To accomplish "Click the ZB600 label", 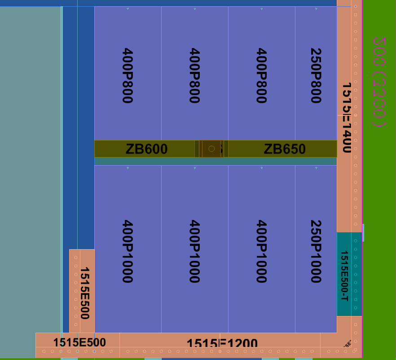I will tap(146, 149).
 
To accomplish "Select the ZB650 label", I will tap(285, 149).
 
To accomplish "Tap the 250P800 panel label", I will tap(316, 75).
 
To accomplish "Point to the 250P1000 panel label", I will tap(316, 251).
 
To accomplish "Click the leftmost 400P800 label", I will tap(128, 75).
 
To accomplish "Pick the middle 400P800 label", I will tap(194, 75).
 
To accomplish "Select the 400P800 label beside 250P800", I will tap(261, 75).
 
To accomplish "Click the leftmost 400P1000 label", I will tap(128, 251).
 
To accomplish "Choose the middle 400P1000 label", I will tap(194, 251).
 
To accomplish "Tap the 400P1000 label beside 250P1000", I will tap(261, 251).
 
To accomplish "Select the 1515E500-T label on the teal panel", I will tap(344, 276).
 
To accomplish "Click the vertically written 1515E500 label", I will tap(84, 293).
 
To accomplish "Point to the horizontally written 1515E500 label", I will tap(79, 342).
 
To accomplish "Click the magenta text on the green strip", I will tap(379, 82).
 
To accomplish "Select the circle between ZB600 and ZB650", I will tap(211, 149).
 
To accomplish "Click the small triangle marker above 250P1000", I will tap(317, 168).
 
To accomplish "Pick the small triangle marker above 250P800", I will tap(317, 9).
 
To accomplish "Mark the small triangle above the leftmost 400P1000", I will tap(128, 168).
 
